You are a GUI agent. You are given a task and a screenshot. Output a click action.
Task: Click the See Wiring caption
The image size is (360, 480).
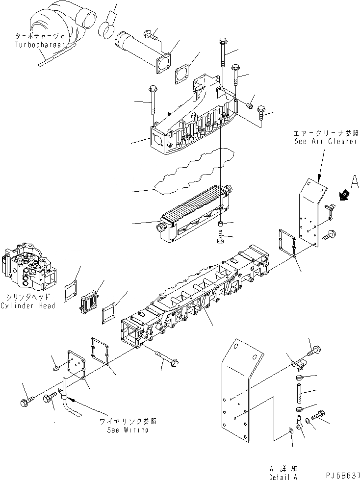[128, 430]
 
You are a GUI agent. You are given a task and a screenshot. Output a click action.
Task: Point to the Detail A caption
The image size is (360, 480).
[283, 476]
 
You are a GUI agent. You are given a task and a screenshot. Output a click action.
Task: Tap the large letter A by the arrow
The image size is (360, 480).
[355, 184]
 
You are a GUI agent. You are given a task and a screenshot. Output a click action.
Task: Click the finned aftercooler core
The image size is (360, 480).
[194, 216]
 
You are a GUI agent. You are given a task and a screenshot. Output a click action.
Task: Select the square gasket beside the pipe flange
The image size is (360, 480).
[184, 75]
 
